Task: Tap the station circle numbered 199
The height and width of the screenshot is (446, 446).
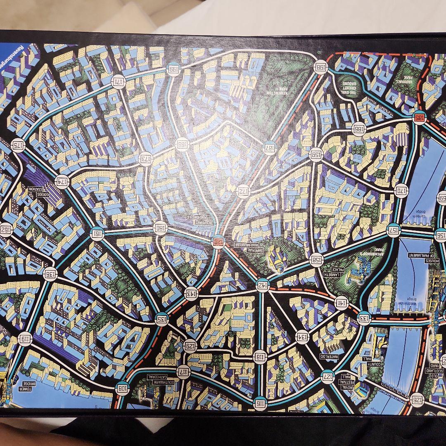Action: [174, 69]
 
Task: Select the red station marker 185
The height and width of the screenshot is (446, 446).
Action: [418, 118]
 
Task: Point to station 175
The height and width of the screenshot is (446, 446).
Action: [19, 145]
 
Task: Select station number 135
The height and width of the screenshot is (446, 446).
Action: [162, 319]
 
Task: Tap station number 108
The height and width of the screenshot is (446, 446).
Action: [123, 388]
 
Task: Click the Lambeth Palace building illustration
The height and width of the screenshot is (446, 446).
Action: [356, 270]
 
